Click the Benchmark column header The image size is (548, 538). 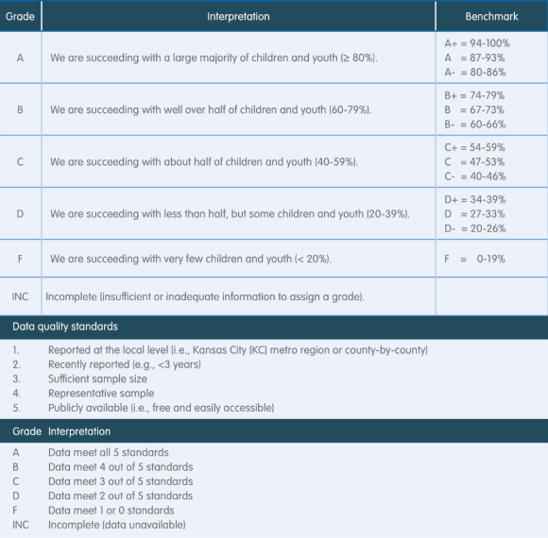click(491, 16)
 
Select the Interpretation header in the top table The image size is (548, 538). click(238, 16)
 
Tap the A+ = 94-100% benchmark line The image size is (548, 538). click(476, 43)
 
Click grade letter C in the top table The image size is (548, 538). click(20, 161)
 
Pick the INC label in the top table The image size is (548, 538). click(21, 296)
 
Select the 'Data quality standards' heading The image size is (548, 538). click(65, 328)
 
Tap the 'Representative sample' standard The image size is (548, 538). click(101, 394)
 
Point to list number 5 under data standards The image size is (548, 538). click(15, 408)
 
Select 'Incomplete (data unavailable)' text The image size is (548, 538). click(117, 524)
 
